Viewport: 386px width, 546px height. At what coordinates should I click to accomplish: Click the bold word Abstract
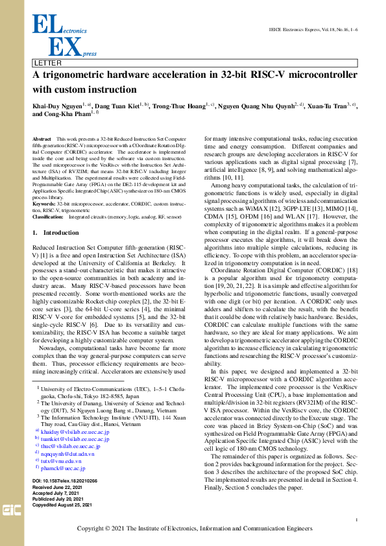[x=42, y=139]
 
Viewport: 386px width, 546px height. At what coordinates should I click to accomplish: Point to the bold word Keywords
[x=44, y=204]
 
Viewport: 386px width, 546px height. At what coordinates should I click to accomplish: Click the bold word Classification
[x=48, y=217]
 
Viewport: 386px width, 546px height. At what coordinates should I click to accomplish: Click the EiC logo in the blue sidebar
[x=12, y=511]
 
